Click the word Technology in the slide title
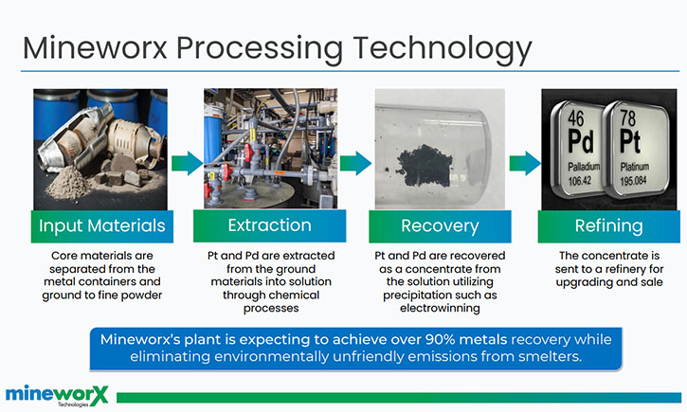(443, 48)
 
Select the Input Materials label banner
(102, 226)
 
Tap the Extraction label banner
(269, 226)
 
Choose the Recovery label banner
(440, 226)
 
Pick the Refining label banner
(609, 226)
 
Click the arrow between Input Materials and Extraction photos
(187, 163)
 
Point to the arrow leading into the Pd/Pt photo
(525, 163)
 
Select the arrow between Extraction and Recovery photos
(355, 163)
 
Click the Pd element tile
(579, 148)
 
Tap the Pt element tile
(636, 149)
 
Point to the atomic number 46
(576, 117)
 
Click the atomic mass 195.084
(633, 180)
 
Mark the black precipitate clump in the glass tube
(425, 166)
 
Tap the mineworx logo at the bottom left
(57, 395)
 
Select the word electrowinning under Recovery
(440, 308)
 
